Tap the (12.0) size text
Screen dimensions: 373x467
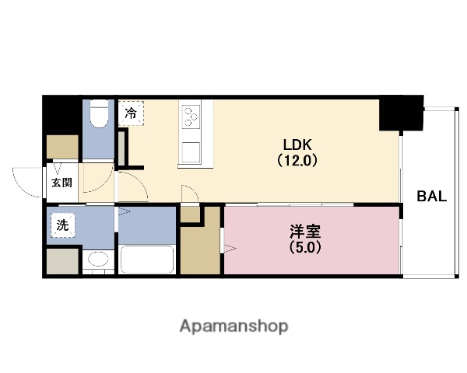(x=296, y=162)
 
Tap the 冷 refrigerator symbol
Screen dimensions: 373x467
(x=131, y=113)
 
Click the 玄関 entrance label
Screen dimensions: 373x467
(x=62, y=183)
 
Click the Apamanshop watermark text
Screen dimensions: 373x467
(x=233, y=326)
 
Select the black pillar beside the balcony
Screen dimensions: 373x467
(x=399, y=113)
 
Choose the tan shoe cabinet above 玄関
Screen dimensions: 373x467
(x=62, y=146)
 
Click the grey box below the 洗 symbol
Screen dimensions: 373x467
(x=61, y=261)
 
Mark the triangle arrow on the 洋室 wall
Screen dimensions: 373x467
(x=230, y=248)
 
